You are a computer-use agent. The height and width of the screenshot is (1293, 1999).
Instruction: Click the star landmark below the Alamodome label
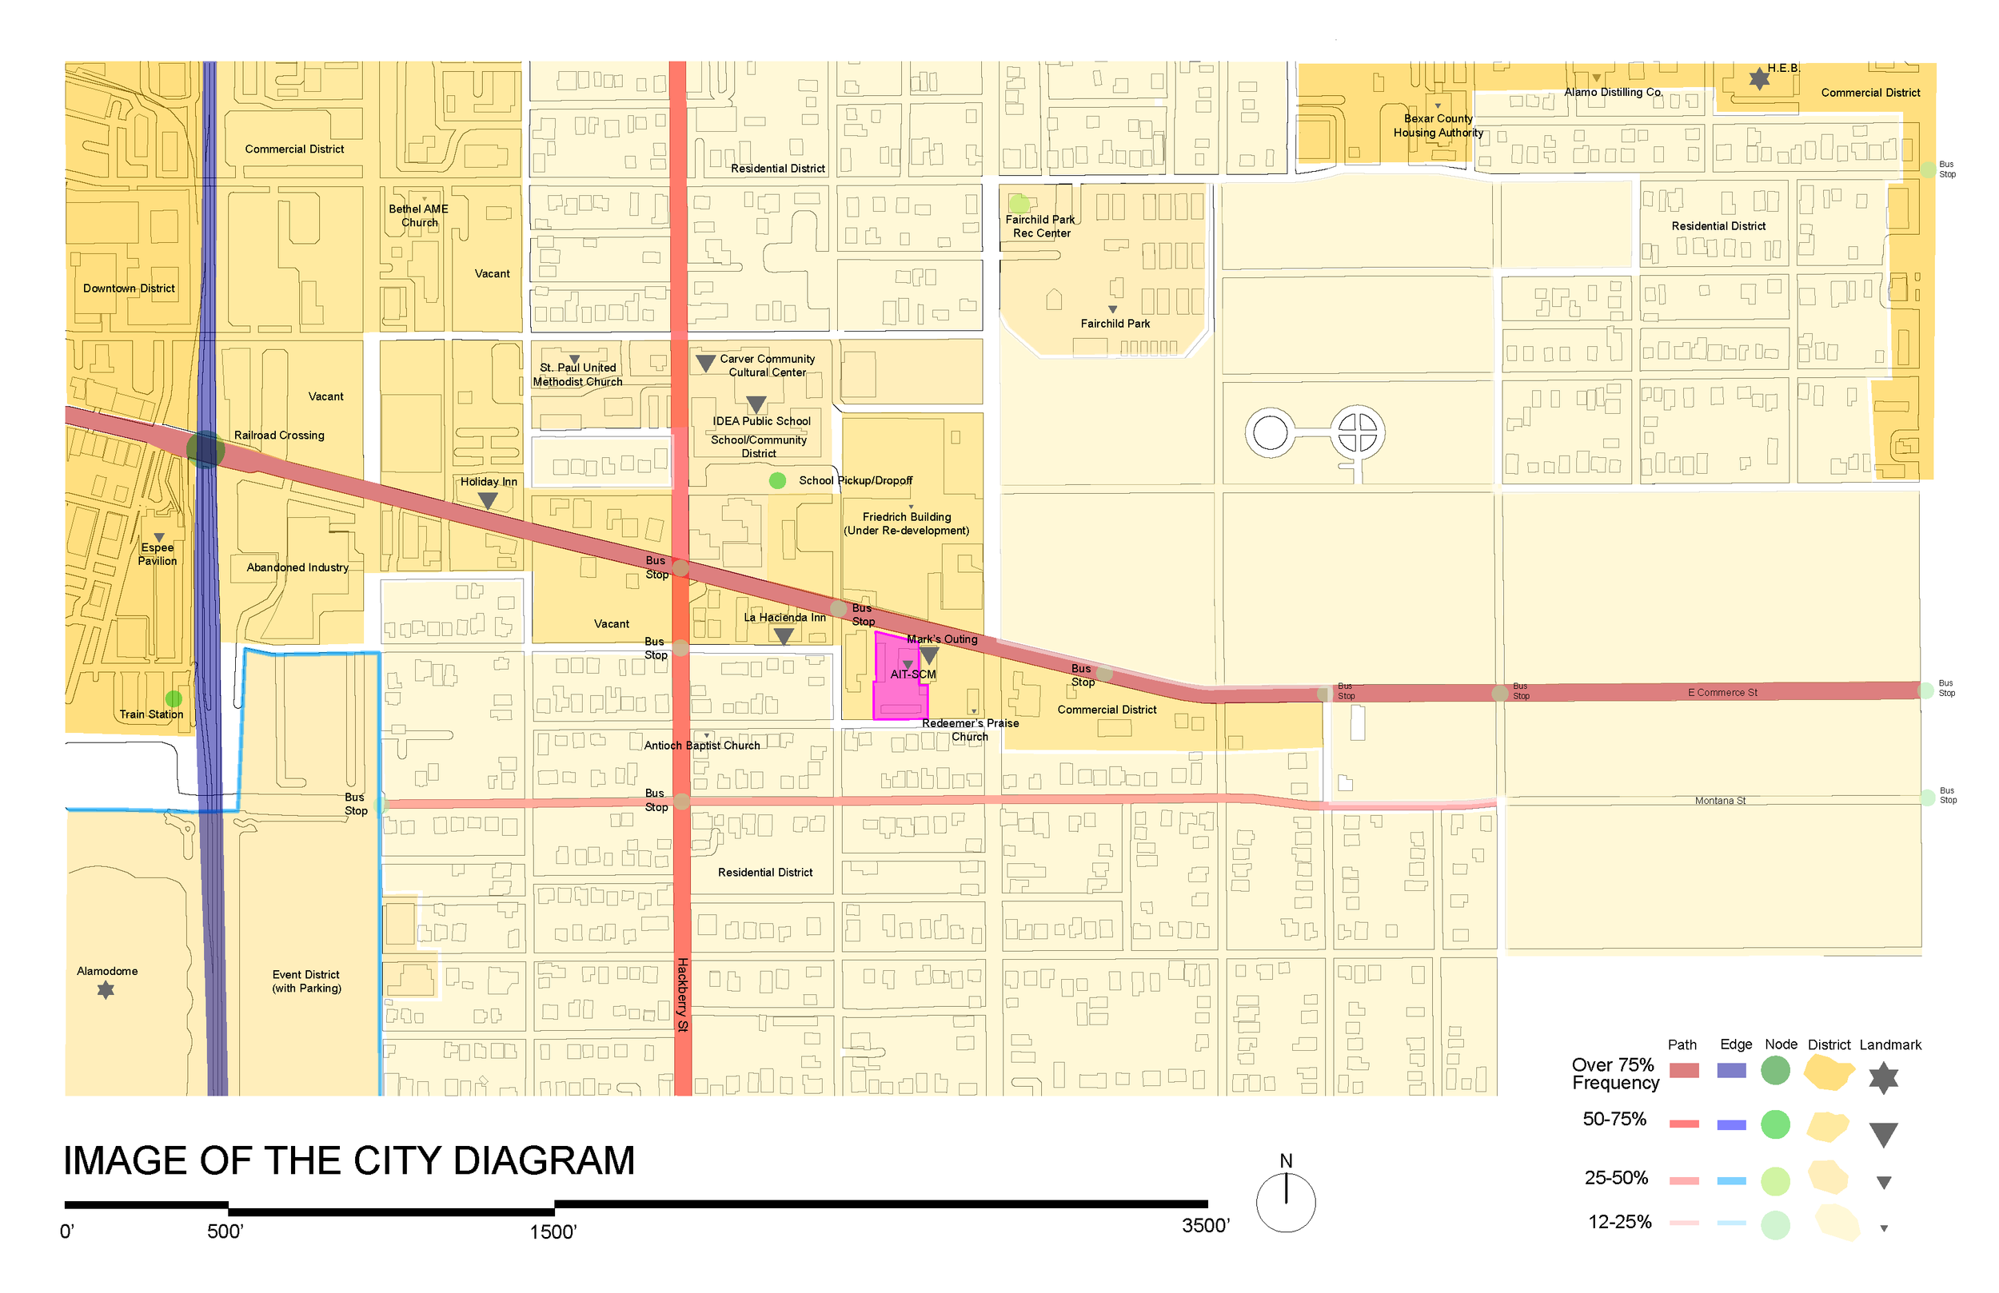106,990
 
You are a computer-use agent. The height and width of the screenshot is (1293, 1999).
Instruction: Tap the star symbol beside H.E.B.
1759,79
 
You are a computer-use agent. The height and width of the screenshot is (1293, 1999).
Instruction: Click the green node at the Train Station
174,698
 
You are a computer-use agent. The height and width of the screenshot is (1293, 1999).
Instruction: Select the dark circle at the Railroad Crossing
205,450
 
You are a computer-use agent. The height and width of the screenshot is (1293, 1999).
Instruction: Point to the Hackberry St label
683,994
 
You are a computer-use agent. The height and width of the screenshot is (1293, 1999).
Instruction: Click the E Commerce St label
1722,693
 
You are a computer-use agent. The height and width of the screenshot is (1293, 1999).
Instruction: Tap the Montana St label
1719,800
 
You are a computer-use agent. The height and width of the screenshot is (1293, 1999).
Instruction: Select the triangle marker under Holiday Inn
487,500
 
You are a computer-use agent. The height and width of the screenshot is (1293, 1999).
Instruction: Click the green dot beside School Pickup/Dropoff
778,480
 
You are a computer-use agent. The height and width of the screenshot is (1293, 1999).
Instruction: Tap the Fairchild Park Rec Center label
1040,227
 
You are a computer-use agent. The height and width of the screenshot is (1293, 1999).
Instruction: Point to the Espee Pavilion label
158,554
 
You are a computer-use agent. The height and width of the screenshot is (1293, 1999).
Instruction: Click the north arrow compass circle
1285,1203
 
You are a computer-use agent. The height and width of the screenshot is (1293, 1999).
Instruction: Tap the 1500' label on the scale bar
553,1231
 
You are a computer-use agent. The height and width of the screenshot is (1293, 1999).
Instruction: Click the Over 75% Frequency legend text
1614,1074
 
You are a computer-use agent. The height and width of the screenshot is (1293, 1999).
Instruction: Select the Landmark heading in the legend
1889,1044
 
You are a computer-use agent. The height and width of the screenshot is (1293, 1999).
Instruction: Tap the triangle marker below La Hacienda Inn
783,637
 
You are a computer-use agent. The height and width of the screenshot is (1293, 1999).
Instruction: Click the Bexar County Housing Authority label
1438,126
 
